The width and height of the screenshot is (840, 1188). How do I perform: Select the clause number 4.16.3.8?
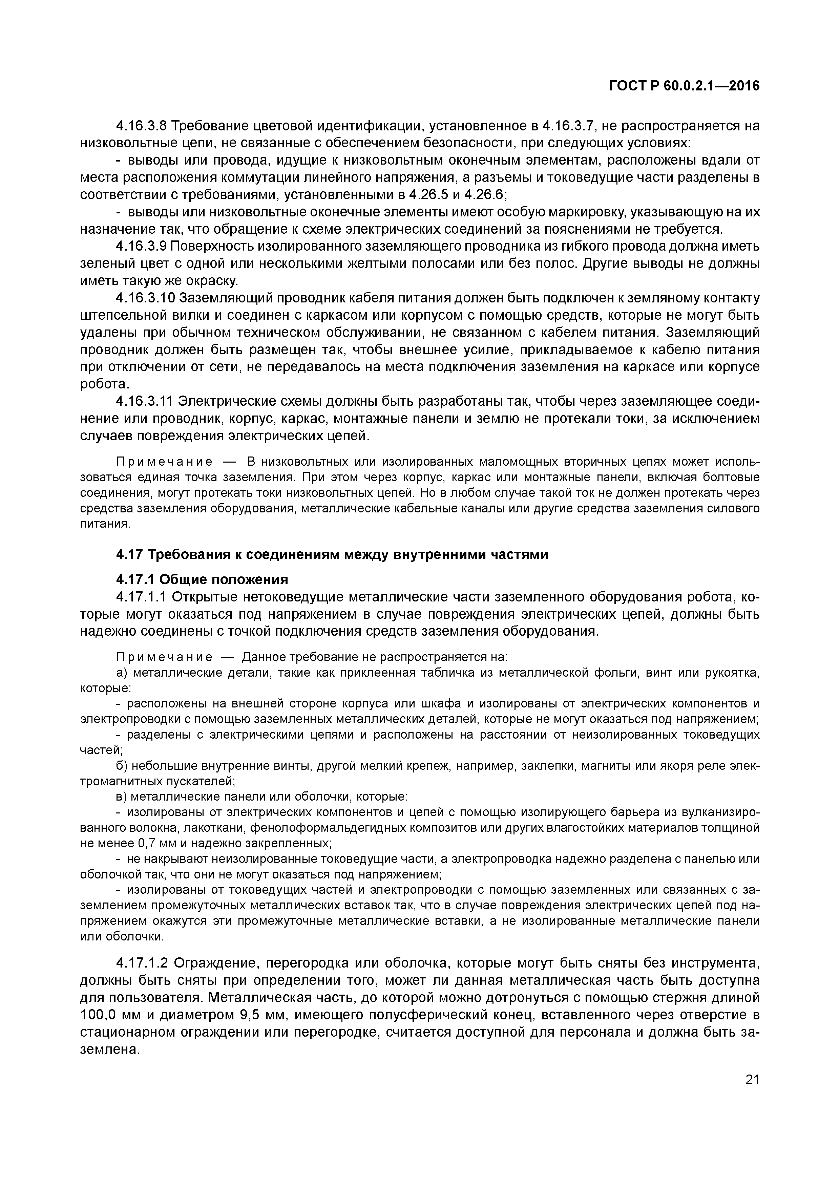pyautogui.click(x=141, y=126)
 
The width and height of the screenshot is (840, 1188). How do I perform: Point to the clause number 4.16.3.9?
pyautogui.click(x=141, y=246)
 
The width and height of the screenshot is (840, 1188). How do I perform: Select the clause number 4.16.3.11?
pyautogui.click(x=145, y=402)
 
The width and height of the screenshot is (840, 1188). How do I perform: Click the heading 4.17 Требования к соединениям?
pyautogui.click(x=331, y=555)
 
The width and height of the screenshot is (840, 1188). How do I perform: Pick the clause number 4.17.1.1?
pyautogui.click(x=141, y=597)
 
